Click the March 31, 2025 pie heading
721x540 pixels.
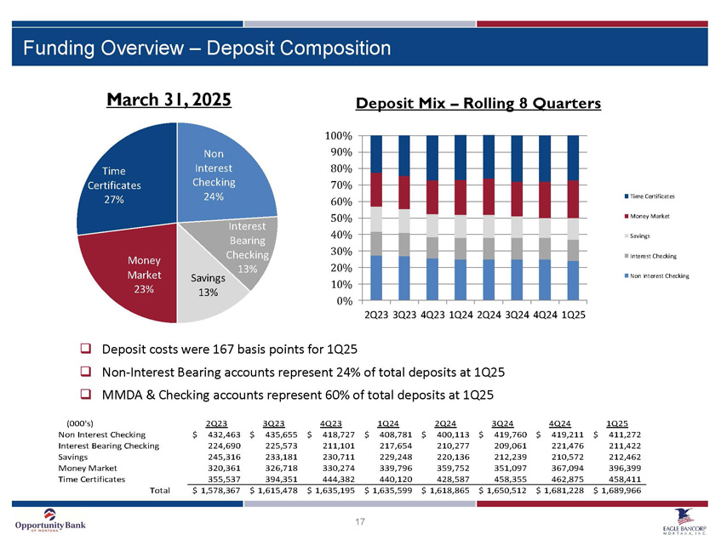tap(169, 99)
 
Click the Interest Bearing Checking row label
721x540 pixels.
tap(108, 445)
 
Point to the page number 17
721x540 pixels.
tap(360, 521)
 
